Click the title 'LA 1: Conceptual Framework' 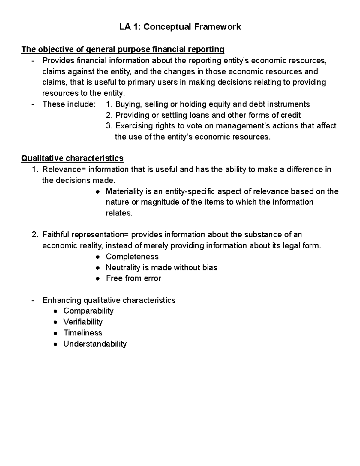[180, 27]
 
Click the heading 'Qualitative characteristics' [72, 158]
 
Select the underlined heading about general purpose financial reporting [123, 49]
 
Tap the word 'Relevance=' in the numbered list [64, 170]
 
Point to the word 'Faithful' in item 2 [56, 235]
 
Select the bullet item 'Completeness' [132, 257]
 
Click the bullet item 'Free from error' [133, 278]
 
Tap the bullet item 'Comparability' [88, 311]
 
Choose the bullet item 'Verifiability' [83, 322]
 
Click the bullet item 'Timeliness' [83, 333]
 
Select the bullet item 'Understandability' [95, 344]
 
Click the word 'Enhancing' [62, 300]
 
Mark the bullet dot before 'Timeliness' [55, 333]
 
